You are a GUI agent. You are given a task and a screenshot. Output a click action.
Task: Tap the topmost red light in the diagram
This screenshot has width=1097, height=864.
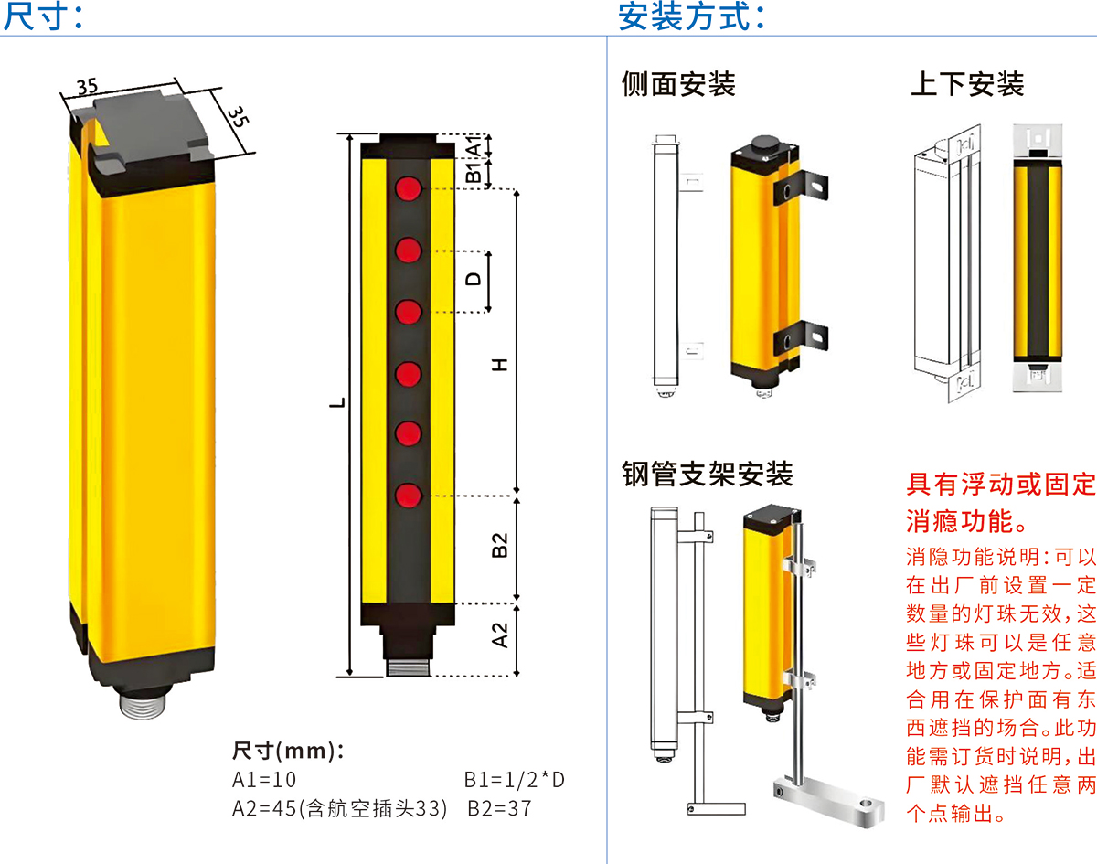(409, 188)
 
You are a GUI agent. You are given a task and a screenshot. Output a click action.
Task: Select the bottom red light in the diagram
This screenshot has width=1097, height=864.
(409, 496)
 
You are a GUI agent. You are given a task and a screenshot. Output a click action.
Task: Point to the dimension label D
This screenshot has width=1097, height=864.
(474, 279)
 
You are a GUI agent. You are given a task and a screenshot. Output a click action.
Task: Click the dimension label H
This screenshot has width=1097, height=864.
(499, 365)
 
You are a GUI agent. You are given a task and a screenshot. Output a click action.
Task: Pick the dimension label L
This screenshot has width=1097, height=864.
(337, 403)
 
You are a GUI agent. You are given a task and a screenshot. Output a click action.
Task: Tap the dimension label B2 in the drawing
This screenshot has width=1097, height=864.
(499, 545)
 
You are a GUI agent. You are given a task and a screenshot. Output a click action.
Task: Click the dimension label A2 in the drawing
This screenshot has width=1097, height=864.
(499, 635)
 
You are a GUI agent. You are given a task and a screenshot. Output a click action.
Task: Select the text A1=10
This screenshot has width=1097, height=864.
(263, 780)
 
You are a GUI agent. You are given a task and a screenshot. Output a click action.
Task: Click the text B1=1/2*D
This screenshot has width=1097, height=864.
(515, 780)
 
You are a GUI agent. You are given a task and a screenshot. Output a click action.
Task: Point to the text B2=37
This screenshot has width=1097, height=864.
(499, 808)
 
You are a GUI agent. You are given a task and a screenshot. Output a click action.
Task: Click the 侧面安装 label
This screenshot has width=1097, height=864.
(678, 84)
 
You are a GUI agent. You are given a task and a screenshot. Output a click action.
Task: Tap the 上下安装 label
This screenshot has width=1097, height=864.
(967, 84)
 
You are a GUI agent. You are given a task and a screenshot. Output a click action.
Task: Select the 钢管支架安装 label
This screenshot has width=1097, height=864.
(708, 474)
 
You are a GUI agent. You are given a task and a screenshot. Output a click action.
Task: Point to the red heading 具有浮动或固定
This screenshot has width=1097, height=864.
(1001, 484)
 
